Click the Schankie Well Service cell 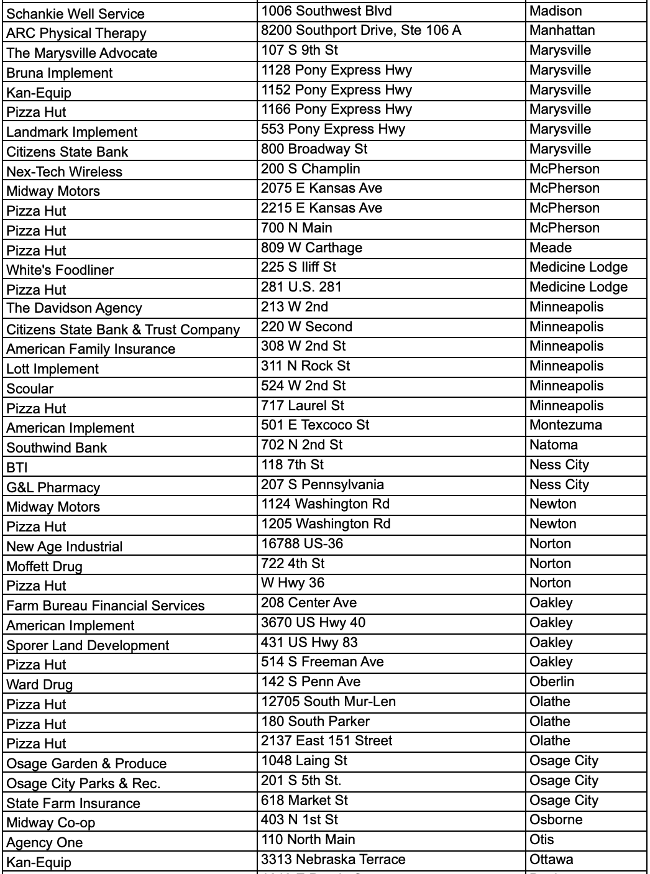75,14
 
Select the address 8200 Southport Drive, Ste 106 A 361,30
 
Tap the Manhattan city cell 562,30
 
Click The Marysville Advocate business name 82,53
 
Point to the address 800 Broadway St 314,149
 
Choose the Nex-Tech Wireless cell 65,172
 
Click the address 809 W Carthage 311,248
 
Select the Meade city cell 551,248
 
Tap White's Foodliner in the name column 60,270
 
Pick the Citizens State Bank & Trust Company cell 123,329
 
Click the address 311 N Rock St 306,366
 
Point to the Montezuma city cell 565,425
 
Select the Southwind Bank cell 57,448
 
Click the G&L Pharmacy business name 53,487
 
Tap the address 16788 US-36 302,544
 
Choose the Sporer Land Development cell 88,645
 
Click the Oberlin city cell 552,682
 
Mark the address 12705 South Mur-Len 328,702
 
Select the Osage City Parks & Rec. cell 83,783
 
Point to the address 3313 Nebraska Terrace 333,860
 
